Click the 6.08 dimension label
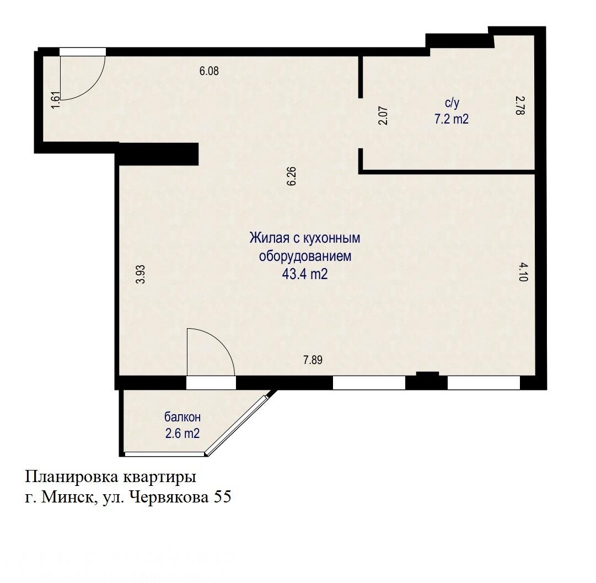click(x=209, y=71)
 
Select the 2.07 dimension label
click(x=383, y=116)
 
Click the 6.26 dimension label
click(x=292, y=176)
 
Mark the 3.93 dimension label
click(x=141, y=274)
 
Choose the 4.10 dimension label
click(x=523, y=272)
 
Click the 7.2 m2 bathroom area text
click(x=451, y=119)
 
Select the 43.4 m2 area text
click(x=305, y=274)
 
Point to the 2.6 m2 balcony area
click(x=182, y=434)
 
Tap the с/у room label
click(x=452, y=103)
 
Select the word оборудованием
click(x=305, y=256)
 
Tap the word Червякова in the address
click(x=166, y=498)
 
